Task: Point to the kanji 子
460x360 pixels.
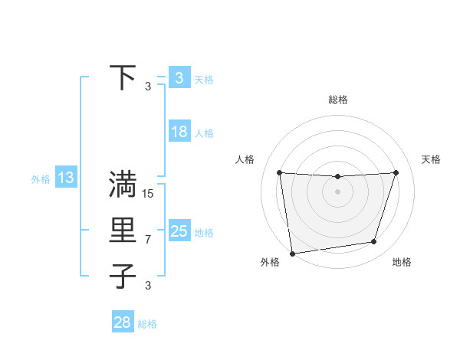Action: pyautogui.click(x=123, y=276)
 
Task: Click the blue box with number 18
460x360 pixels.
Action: pyautogui.click(x=179, y=132)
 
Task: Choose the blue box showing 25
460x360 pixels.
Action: pyautogui.click(x=179, y=231)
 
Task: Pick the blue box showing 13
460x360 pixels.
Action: pyautogui.click(x=65, y=178)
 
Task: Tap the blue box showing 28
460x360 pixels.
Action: pyautogui.click(x=122, y=322)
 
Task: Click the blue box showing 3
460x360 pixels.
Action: pyautogui.click(x=179, y=77)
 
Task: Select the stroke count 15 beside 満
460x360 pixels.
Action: pyautogui.click(x=148, y=194)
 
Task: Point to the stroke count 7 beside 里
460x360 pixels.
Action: pyautogui.click(x=148, y=240)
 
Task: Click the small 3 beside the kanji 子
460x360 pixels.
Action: pyautogui.click(x=148, y=286)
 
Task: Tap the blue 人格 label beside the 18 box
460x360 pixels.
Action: pyautogui.click(x=204, y=133)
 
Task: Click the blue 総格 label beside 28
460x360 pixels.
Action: pyautogui.click(x=147, y=324)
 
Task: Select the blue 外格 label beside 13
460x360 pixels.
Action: pyautogui.click(x=41, y=180)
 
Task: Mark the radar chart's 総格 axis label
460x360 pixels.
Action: pyautogui.click(x=337, y=100)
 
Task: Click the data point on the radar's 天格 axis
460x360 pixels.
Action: pyautogui.click(x=396, y=172)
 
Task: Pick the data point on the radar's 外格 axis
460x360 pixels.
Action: pyautogui.click(x=292, y=253)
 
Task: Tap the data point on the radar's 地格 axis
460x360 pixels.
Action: pyautogui.click(x=374, y=242)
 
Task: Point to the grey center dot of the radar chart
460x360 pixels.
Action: pyautogui.click(x=337, y=191)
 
